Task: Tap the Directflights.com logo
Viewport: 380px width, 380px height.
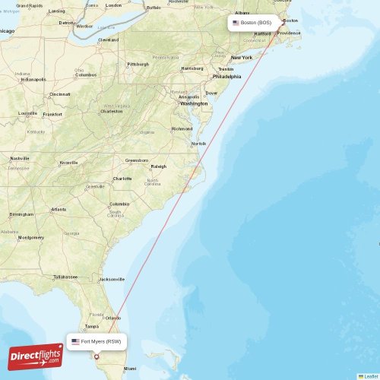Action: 35,356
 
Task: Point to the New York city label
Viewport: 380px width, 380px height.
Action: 242,58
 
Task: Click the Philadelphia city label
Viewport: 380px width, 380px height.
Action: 227,76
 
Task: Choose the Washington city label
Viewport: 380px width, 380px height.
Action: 194,103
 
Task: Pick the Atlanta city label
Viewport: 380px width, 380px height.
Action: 58,209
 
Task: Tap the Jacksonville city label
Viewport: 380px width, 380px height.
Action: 112,279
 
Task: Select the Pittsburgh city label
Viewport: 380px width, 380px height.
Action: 138,64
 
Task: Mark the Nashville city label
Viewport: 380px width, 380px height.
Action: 19,158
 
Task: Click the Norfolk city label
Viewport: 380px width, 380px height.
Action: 198,143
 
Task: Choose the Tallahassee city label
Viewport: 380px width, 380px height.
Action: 66,277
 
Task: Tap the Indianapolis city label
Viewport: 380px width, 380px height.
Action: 33,79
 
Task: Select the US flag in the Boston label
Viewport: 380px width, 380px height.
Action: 236,23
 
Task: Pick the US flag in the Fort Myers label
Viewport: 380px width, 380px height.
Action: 75,342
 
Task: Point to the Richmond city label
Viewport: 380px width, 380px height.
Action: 182,128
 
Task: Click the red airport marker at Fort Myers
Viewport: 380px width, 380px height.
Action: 97,356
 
